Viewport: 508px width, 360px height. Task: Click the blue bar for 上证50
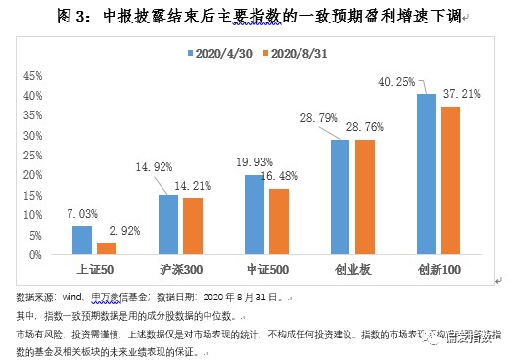point(81,240)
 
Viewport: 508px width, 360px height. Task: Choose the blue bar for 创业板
point(340,197)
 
